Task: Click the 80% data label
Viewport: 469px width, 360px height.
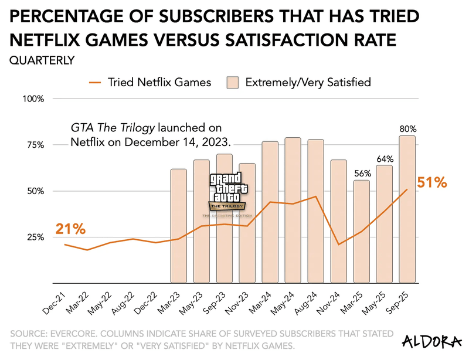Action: click(x=408, y=129)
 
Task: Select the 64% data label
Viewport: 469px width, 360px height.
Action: click(x=385, y=159)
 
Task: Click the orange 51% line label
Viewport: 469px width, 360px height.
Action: click(x=432, y=183)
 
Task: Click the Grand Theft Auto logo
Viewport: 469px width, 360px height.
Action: click(x=228, y=193)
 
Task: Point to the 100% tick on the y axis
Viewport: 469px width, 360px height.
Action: click(x=33, y=99)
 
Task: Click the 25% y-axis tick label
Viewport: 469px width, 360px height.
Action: click(x=35, y=237)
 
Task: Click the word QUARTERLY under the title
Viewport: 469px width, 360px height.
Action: click(x=42, y=59)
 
